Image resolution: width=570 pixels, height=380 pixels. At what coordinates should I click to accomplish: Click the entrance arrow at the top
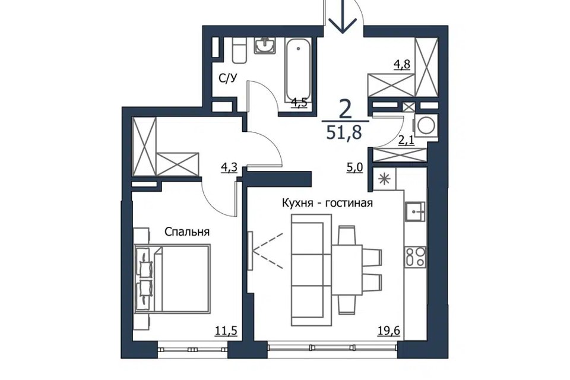(343, 17)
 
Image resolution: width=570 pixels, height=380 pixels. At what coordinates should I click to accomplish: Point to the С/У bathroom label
(228, 78)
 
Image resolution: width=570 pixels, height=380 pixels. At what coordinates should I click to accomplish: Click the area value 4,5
(299, 103)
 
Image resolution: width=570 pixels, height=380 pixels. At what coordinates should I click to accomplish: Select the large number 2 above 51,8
(345, 108)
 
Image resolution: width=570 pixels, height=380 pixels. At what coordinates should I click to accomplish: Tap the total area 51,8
(344, 133)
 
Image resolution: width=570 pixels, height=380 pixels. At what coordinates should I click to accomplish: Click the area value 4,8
(402, 65)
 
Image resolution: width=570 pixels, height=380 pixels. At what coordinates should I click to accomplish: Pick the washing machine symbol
(425, 125)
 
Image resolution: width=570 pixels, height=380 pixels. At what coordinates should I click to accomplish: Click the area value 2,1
(406, 140)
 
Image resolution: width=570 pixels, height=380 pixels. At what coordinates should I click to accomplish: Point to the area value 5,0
(354, 169)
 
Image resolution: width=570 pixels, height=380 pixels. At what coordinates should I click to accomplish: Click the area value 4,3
(229, 167)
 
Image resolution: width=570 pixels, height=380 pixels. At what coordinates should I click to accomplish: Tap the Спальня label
(187, 232)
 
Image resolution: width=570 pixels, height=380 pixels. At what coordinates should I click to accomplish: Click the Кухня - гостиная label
(328, 203)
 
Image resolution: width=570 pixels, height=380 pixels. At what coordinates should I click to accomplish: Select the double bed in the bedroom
(172, 279)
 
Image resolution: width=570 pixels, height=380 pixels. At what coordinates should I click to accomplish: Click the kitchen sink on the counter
(415, 212)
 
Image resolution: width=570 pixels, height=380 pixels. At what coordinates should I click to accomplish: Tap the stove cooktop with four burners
(416, 258)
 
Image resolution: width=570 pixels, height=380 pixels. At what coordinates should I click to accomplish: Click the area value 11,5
(226, 331)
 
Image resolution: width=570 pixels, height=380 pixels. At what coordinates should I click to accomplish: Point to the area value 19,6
(388, 331)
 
